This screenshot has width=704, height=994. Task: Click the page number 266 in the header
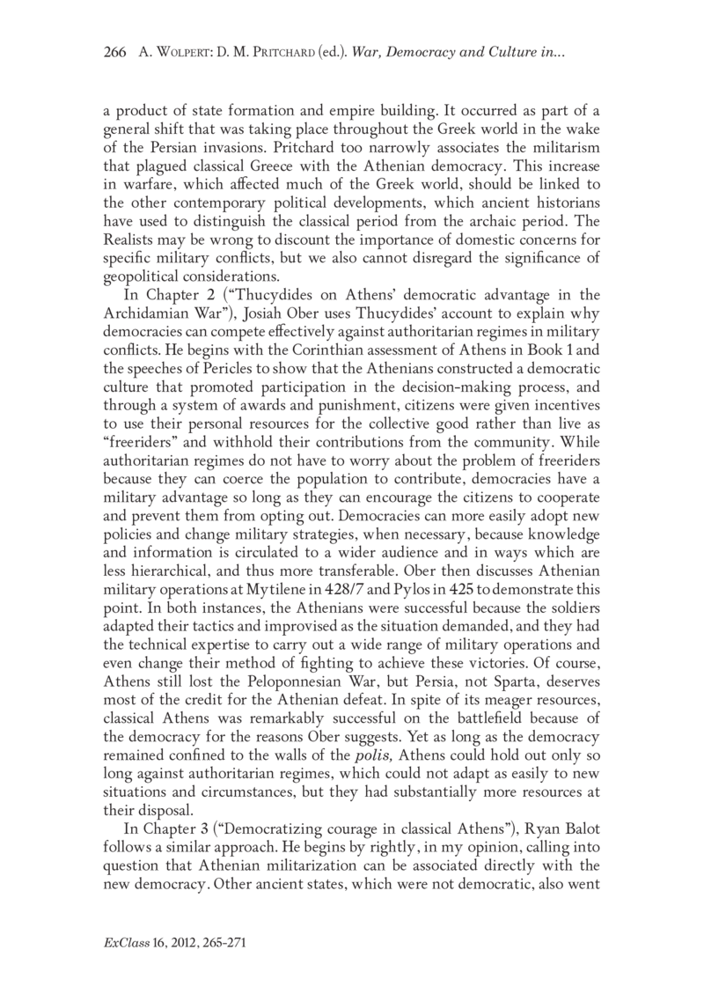(115, 54)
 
